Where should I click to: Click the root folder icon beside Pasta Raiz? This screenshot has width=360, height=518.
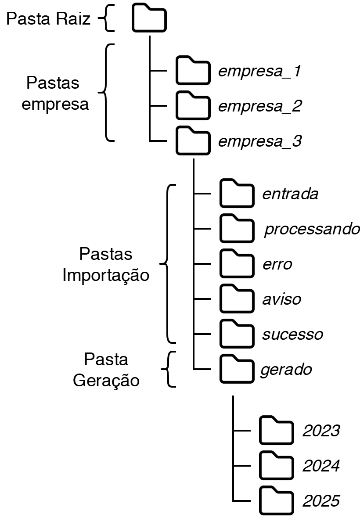click(x=149, y=19)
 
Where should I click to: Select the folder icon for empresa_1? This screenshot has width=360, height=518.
click(x=192, y=71)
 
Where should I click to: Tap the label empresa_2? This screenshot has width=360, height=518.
click(x=259, y=107)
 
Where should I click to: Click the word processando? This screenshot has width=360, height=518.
click(x=312, y=230)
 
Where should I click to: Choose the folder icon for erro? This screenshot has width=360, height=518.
click(x=237, y=264)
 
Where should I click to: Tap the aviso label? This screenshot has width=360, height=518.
click(x=282, y=299)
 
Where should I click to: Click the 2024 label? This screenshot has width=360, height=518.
click(x=321, y=466)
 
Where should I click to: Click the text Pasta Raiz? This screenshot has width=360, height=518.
click(x=48, y=19)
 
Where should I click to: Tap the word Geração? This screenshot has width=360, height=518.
click(x=106, y=380)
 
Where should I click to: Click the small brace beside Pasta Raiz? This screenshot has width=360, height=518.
click(x=106, y=19)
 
